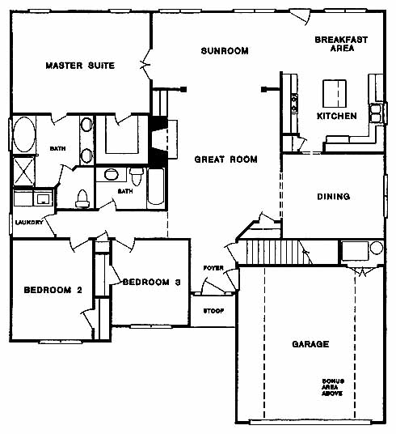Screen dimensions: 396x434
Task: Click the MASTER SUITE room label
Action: [x=80, y=66]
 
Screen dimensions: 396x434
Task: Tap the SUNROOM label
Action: [x=225, y=51]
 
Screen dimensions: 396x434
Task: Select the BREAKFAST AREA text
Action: [x=341, y=44]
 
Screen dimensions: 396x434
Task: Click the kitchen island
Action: [x=335, y=94]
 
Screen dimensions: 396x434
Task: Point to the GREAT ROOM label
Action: [x=226, y=160]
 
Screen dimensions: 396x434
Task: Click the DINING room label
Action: [x=334, y=197]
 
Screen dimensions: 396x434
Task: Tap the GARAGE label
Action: [x=310, y=344]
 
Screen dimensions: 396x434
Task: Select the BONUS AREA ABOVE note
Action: [x=333, y=387]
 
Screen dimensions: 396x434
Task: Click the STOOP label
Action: [x=213, y=311]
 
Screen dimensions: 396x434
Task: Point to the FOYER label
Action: [x=213, y=268]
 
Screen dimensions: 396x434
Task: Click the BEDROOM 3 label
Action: [x=152, y=282]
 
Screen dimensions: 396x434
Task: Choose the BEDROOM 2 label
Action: [x=53, y=290]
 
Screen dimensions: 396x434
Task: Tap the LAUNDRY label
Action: [x=29, y=222]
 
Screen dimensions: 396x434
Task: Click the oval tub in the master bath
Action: [x=24, y=134]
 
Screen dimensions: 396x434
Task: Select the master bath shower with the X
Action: [x=23, y=172]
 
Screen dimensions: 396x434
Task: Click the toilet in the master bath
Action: [x=82, y=198]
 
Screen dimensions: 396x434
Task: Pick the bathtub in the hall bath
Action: [x=156, y=187]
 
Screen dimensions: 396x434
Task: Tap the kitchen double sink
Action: [x=376, y=113]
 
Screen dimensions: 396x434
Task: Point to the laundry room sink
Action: [x=43, y=198]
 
